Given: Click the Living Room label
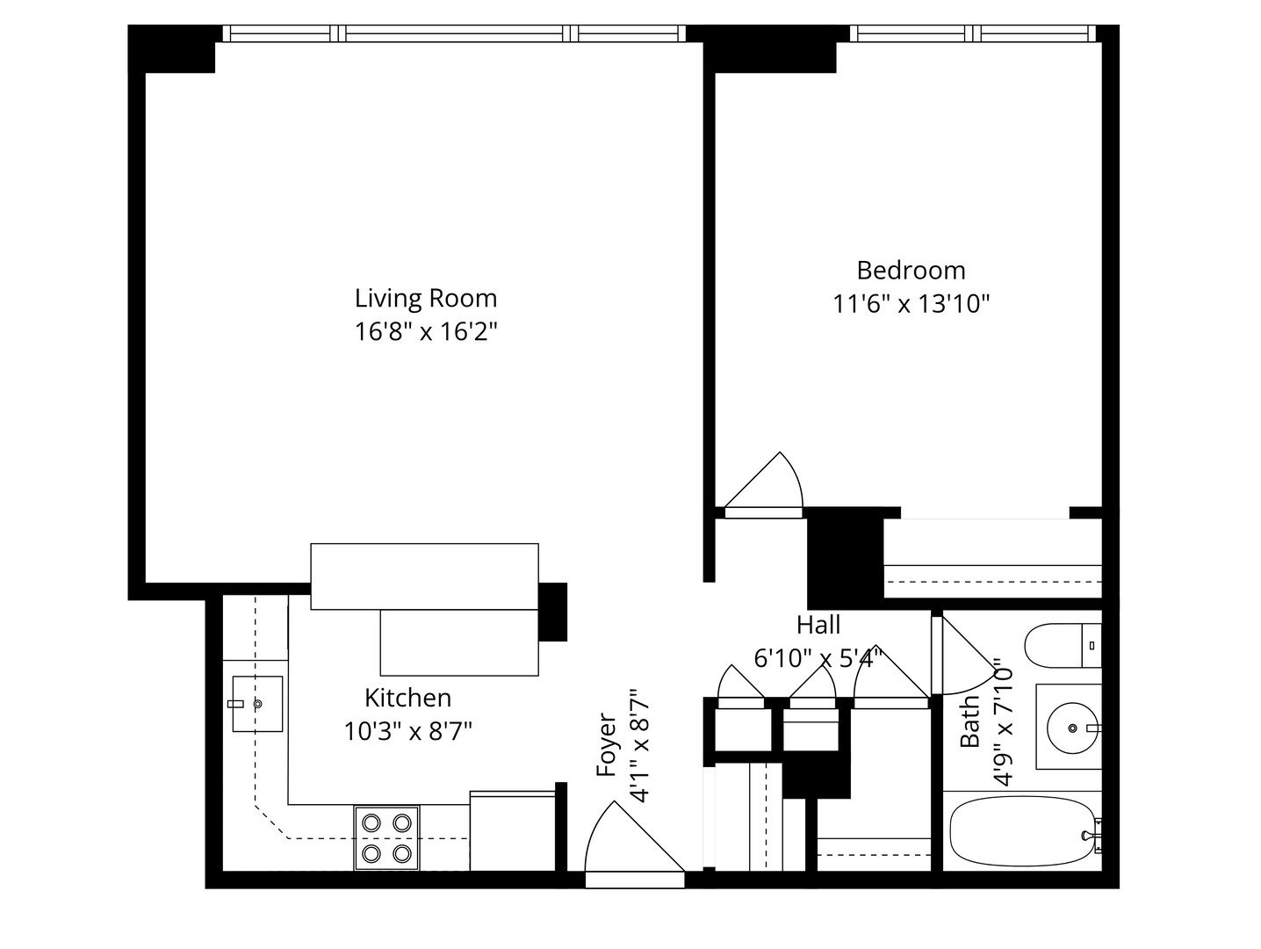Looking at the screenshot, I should (x=426, y=299).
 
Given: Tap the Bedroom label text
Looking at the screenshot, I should (x=911, y=270).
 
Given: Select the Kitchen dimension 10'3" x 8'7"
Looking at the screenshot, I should (x=408, y=731).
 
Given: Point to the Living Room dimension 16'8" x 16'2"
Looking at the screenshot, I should (x=426, y=332).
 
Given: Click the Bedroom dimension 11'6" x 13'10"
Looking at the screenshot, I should (x=912, y=304).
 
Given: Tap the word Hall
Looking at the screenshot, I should (x=818, y=626).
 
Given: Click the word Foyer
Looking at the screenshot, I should (x=607, y=745).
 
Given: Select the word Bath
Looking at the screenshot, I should (x=969, y=721).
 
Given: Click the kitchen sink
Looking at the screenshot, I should (x=257, y=704).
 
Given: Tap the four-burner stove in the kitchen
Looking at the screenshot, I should (x=386, y=837).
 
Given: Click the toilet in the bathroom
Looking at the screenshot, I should (x=1063, y=646).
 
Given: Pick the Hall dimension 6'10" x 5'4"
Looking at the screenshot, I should (x=818, y=658).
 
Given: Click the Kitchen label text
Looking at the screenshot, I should (x=408, y=699).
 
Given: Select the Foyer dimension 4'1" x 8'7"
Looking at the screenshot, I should (x=639, y=745).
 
